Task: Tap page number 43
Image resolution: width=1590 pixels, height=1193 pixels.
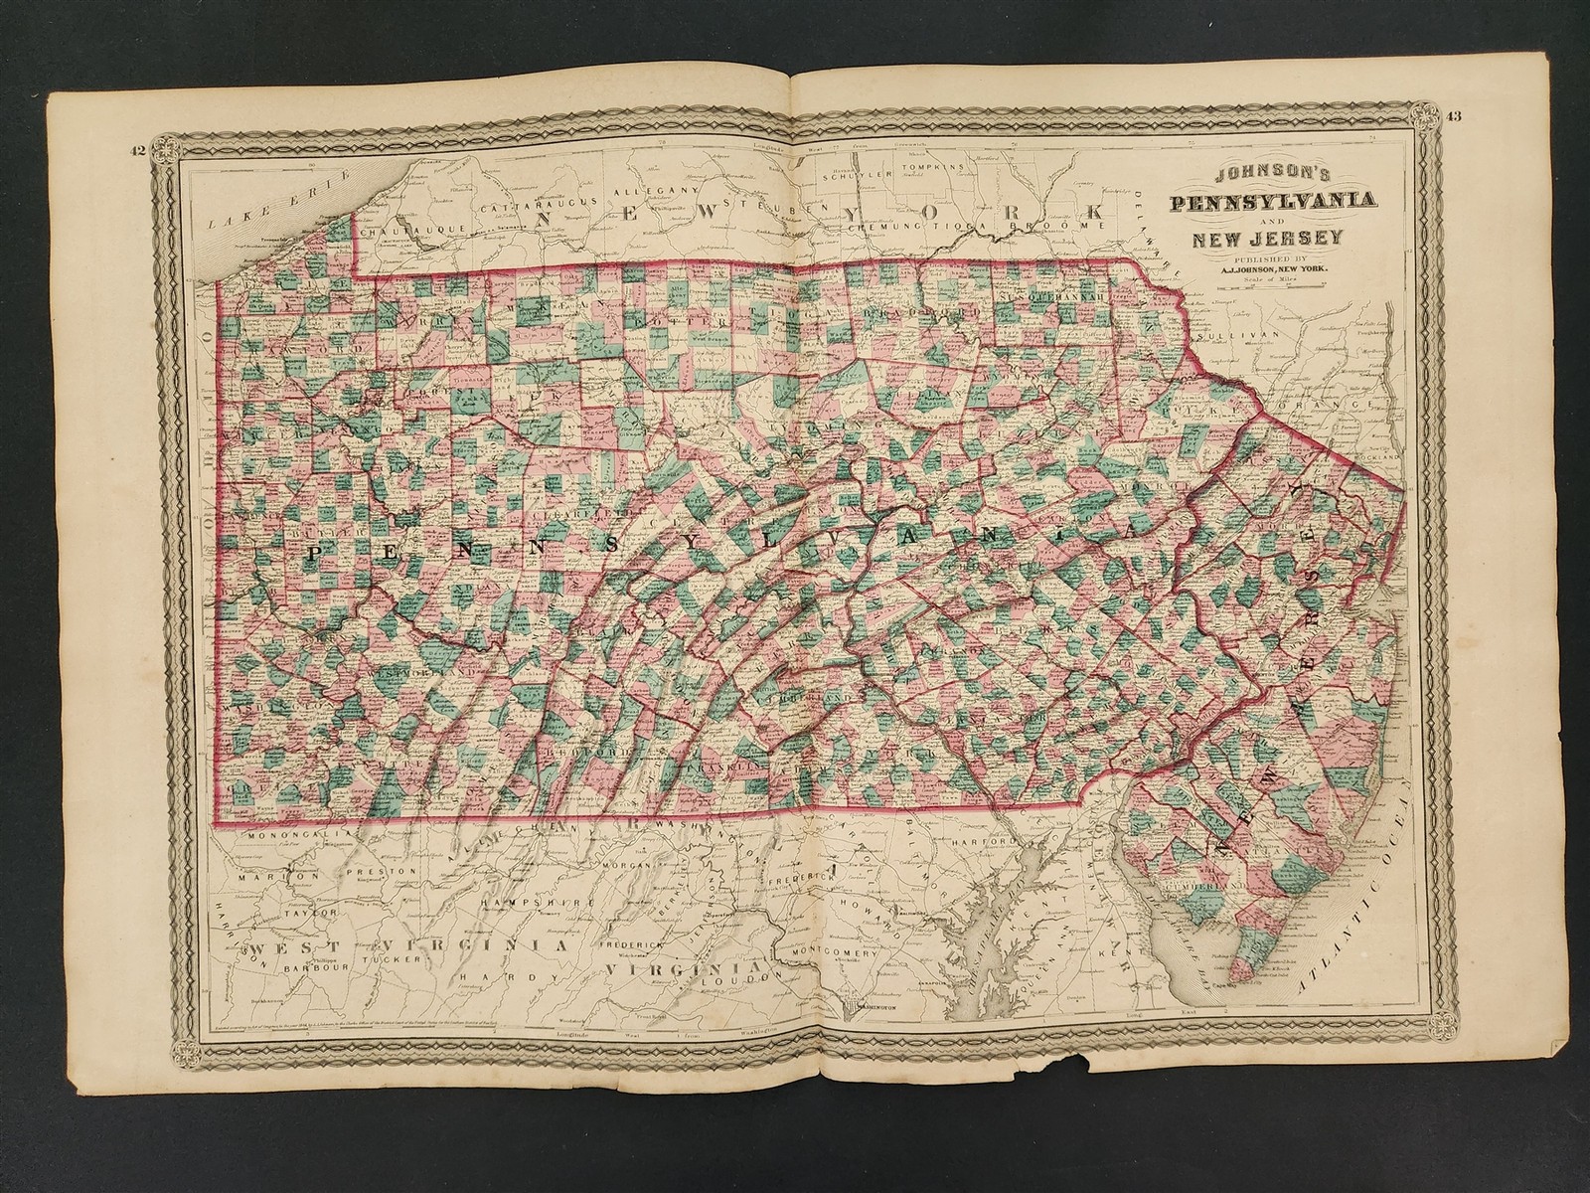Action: (1453, 117)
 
